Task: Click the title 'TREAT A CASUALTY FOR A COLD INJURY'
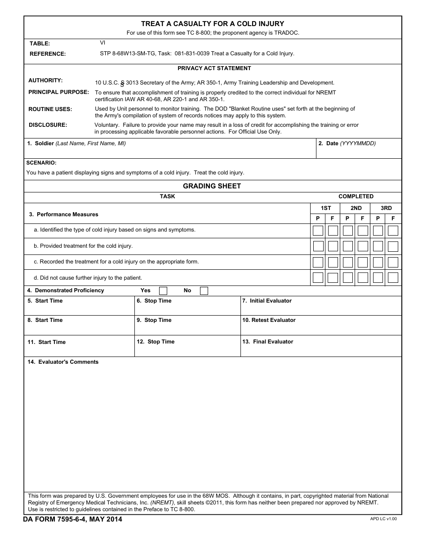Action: pyautogui.click(x=213, y=24)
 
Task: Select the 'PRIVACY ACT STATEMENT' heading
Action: pyautogui.click(x=214, y=68)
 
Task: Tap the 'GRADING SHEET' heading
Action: pyautogui.click(x=212, y=186)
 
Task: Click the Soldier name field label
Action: pyautogui.click(x=76, y=143)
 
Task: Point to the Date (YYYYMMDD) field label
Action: pyautogui.click(x=347, y=143)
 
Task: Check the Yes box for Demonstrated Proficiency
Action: pyautogui.click(x=163, y=291)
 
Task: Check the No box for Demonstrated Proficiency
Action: pyautogui.click(x=204, y=291)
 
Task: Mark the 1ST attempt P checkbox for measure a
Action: pyautogui.click(x=318, y=231)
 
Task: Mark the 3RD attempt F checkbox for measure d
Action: pyautogui.click(x=393, y=277)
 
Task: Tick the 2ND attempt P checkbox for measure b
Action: pyautogui.click(x=348, y=246)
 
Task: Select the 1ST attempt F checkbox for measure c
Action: pyautogui.click(x=333, y=262)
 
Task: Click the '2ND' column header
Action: pyautogui.click(x=356, y=208)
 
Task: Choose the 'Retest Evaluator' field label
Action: pyautogui.click(x=269, y=320)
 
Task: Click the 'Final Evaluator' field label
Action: pyautogui.click(x=267, y=342)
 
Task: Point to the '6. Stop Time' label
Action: pyautogui.click(x=154, y=301)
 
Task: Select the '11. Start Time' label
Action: pyautogui.click(x=46, y=342)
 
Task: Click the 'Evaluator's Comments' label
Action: pyautogui.click(x=63, y=362)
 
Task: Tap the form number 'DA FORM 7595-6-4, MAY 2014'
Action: pyautogui.click(x=73, y=520)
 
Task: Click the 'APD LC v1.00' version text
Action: pyautogui.click(x=383, y=519)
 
